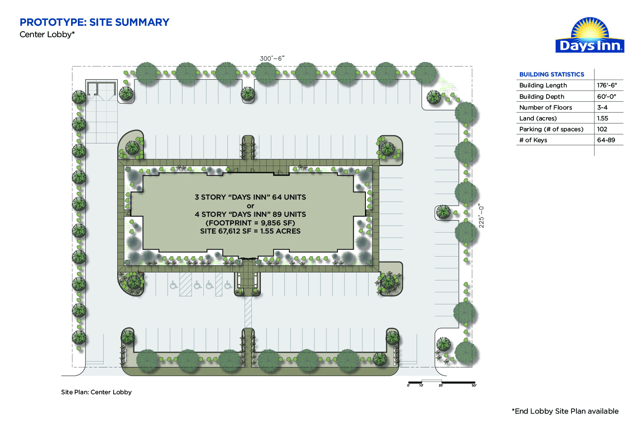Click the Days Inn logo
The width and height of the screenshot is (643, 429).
(x=590, y=35)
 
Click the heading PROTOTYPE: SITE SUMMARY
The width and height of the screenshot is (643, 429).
(x=95, y=22)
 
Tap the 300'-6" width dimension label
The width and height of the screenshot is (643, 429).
(x=272, y=58)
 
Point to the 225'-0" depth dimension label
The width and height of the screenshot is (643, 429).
(x=481, y=217)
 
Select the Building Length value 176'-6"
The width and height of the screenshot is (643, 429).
(x=607, y=85)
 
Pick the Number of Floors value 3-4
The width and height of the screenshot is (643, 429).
(x=602, y=107)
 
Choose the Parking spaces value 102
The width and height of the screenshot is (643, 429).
(x=602, y=129)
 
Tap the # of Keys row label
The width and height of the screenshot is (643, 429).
(x=533, y=140)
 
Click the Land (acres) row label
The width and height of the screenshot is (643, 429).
(x=538, y=118)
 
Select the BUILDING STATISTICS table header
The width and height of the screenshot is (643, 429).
(x=552, y=74)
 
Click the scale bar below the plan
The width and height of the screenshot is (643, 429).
(x=442, y=382)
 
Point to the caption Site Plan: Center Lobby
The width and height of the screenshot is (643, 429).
(x=96, y=392)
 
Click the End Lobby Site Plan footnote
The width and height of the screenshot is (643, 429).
(x=565, y=411)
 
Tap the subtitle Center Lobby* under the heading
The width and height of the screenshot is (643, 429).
(x=47, y=34)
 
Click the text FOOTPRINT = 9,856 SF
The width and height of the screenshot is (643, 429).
(x=250, y=223)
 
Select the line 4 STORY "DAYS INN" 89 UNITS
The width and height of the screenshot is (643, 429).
(x=250, y=214)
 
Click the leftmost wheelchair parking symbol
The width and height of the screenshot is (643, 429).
(x=173, y=285)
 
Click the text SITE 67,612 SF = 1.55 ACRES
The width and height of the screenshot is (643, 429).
(x=250, y=231)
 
